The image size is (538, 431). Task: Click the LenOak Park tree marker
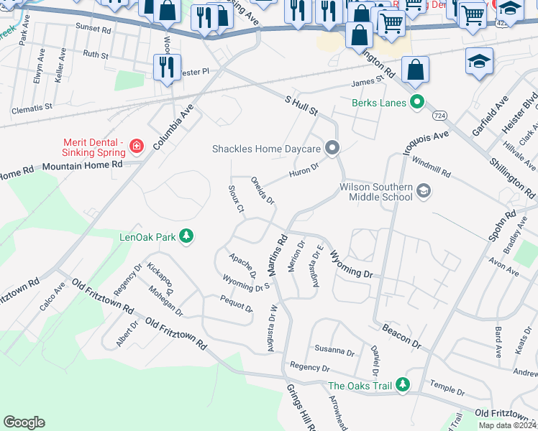coord(186,236)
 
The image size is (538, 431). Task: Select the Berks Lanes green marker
coord(416,102)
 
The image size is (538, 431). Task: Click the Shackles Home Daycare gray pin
coord(332,149)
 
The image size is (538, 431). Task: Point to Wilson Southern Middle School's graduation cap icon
coord(424,190)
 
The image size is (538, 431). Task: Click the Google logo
coord(24,422)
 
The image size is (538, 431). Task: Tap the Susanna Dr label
coord(334,352)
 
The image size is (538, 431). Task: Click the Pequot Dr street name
coord(236,305)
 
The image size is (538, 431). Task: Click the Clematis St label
coord(32,109)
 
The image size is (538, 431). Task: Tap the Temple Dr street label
coord(446,389)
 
